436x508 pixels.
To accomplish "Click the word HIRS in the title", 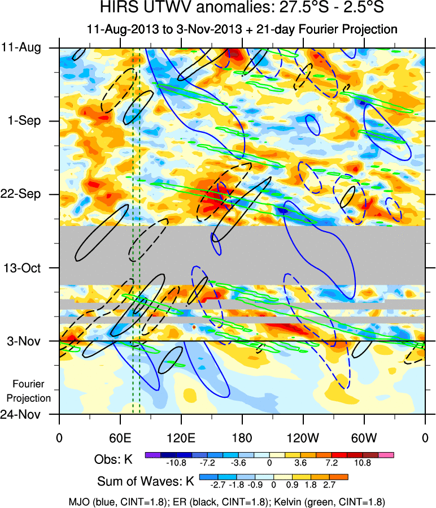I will (x=119, y=8).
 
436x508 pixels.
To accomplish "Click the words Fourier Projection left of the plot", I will (x=32, y=391).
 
